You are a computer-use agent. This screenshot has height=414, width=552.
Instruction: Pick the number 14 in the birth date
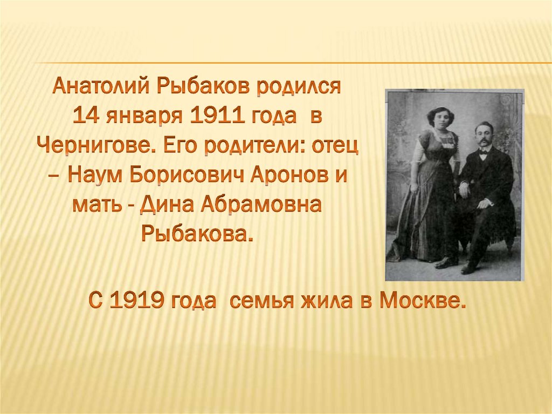tap(87, 115)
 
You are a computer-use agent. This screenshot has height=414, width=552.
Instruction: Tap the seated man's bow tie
tap(483, 152)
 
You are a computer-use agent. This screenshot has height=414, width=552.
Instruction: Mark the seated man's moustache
tap(483, 141)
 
